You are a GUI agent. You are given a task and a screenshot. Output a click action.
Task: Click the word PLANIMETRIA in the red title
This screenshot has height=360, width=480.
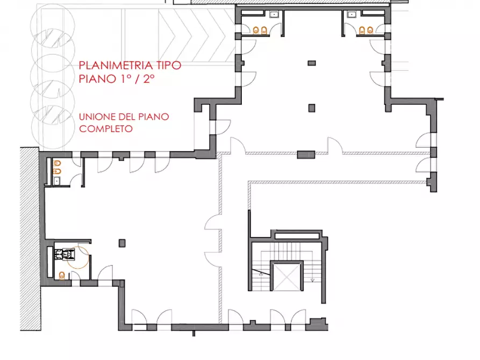pyautogui.click(x=116, y=65)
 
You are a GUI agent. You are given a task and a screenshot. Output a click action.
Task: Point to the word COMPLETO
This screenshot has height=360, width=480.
pyautogui.click(x=106, y=128)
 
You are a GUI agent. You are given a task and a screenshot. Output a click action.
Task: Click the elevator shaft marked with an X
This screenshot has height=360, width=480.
pyautogui.click(x=286, y=276)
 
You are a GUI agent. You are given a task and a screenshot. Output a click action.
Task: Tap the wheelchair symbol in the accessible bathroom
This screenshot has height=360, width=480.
pyautogui.click(x=65, y=254)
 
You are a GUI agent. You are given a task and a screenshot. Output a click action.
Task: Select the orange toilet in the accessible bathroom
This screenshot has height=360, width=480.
pyautogui.click(x=62, y=276)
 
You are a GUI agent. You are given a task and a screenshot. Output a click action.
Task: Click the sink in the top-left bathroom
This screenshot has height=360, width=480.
pyautogui.click(x=274, y=15)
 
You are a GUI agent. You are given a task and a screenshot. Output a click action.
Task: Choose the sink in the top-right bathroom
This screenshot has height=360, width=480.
pyautogui.click(x=352, y=15)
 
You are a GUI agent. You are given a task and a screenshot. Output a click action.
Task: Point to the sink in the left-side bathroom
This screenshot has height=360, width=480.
pyautogui.click(x=56, y=181)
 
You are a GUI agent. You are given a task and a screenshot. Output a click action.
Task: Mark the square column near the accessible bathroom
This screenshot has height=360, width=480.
pyautogui.click(x=122, y=243)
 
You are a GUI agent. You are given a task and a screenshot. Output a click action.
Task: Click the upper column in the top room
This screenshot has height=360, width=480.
pyautogui.click(x=312, y=63)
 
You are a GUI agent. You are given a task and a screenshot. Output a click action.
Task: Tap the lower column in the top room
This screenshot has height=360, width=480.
pyautogui.click(x=312, y=108)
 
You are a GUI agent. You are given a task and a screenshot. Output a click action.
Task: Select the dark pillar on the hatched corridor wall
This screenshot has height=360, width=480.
pyautogui.click(x=306, y=155)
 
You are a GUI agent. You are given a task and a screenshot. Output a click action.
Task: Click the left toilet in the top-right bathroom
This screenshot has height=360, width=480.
pyautogui.click(x=362, y=30)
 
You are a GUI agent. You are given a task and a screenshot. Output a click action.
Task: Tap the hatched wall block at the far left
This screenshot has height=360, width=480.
pyautogui.click(x=30, y=239)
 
